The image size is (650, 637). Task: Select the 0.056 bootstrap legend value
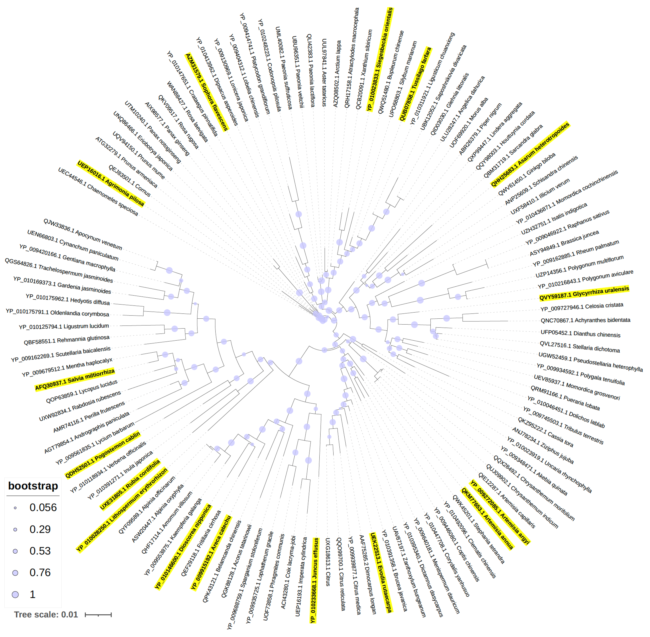[43, 508]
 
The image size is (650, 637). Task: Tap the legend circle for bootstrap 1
[15, 595]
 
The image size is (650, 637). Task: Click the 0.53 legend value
[40, 551]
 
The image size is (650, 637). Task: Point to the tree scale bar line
[98, 615]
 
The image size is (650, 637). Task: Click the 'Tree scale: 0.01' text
[46, 615]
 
